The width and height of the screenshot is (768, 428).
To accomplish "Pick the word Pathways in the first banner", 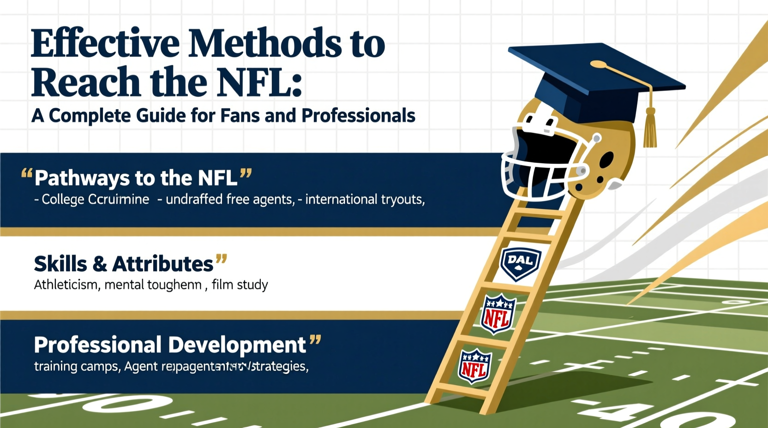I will pyautogui.click(x=82, y=178).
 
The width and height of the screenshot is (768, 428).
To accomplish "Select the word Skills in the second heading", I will pyautogui.click(x=60, y=264).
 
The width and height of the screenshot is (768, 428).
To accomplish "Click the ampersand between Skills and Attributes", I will pyautogui.click(x=100, y=264).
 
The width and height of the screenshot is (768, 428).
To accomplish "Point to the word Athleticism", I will pyautogui.click(x=66, y=285).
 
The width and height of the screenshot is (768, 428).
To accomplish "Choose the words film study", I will pyautogui.click(x=240, y=285).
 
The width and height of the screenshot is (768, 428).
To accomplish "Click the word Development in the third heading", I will pyautogui.click(x=237, y=345).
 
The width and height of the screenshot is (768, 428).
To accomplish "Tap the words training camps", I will pyautogui.click(x=77, y=367).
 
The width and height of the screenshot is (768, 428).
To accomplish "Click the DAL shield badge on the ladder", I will pyautogui.click(x=521, y=263).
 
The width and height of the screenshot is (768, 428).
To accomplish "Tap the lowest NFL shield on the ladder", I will pyautogui.click(x=474, y=367).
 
